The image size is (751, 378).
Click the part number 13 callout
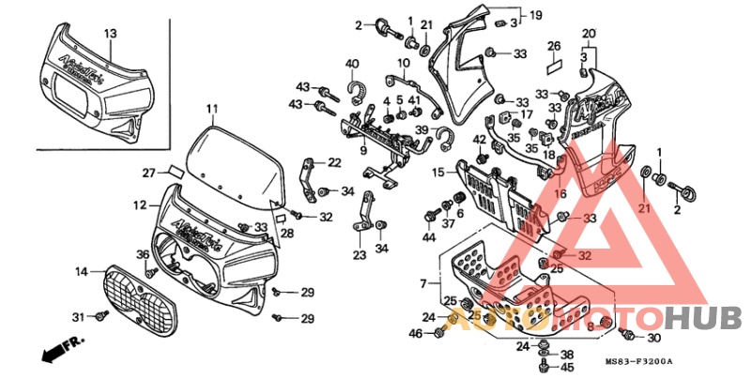(110, 34)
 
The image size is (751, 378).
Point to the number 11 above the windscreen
(212, 109)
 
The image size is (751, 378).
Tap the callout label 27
(148, 173)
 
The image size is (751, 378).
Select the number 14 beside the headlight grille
(82, 271)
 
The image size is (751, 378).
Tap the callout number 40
(352, 64)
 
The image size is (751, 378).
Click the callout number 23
(360, 254)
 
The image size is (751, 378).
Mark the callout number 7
(423, 282)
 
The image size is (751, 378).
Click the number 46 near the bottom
(415, 333)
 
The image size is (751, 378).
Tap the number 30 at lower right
(654, 338)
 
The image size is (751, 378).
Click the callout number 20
(589, 34)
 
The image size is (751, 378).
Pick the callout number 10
(404, 64)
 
